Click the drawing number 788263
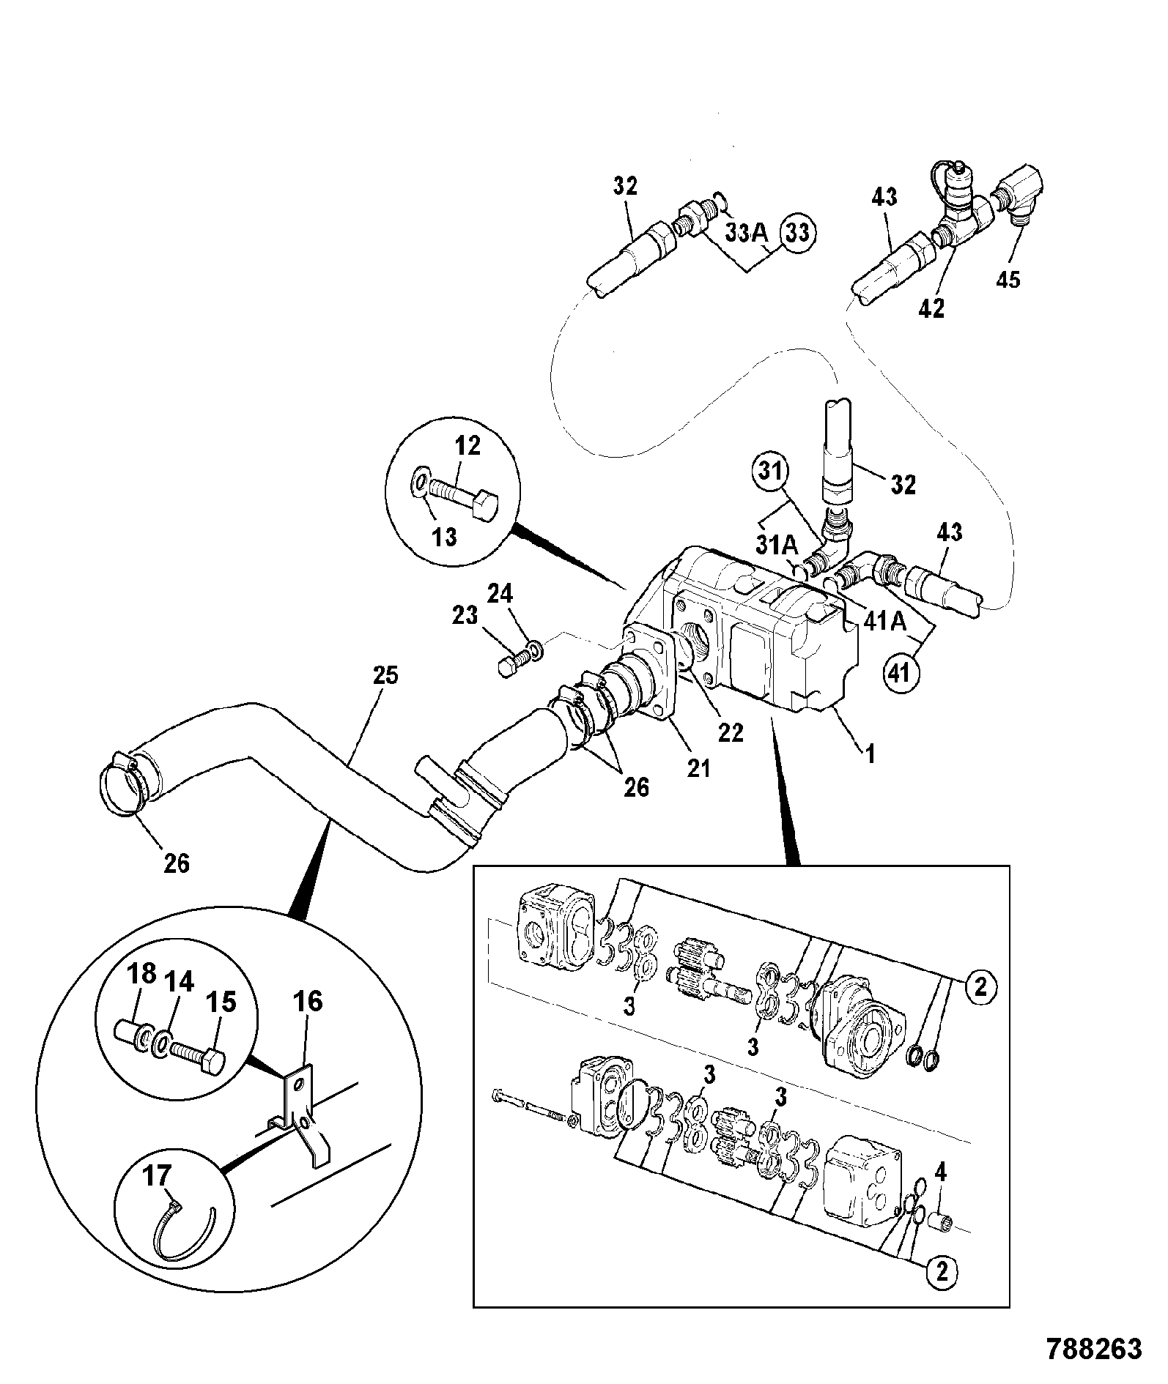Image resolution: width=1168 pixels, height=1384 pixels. tap(1094, 1348)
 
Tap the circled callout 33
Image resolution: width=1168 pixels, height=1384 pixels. tap(798, 233)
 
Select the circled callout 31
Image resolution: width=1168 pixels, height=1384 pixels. tap(770, 472)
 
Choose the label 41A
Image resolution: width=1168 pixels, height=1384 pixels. tap(886, 622)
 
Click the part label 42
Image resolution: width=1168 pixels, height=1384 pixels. tap(931, 308)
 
